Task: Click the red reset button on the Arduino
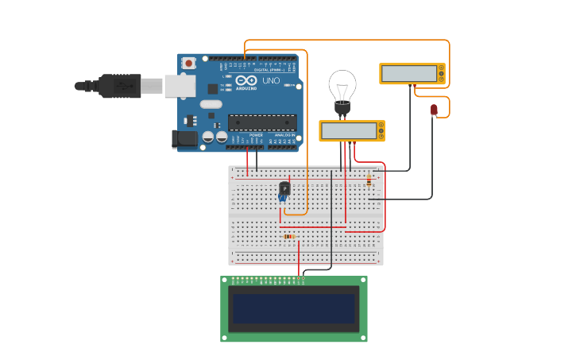pyautogui.click(x=189, y=63)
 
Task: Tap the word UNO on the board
pyautogui.click(x=271, y=81)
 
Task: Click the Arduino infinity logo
pyautogui.click(x=246, y=80)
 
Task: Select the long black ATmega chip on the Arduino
pyautogui.click(x=262, y=122)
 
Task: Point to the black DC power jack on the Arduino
pyautogui.click(x=184, y=139)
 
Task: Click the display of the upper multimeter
pyautogui.click(x=409, y=74)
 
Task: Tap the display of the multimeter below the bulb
pyautogui.click(x=348, y=131)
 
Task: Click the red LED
pyautogui.click(x=434, y=110)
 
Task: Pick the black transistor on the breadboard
pyautogui.click(x=284, y=188)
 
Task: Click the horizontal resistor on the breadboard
pyautogui.click(x=289, y=236)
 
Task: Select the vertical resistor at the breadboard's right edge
pyautogui.click(x=369, y=180)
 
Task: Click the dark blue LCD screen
pyautogui.click(x=293, y=309)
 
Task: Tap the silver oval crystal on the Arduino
pyautogui.click(x=211, y=104)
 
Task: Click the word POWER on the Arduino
pyautogui.click(x=256, y=135)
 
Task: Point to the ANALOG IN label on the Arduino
pyautogui.click(x=283, y=135)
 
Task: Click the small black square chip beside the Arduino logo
pyautogui.click(x=213, y=89)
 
